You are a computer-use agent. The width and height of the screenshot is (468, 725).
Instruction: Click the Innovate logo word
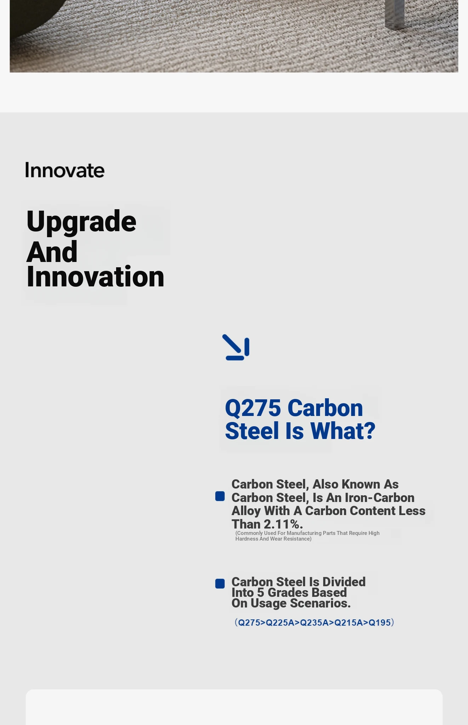coord(65,170)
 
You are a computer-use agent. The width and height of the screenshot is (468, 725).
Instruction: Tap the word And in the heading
coord(52,252)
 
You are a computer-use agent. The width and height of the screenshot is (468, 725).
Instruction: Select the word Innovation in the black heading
coord(96,276)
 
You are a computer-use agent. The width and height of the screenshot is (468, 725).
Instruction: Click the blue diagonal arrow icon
coord(236,347)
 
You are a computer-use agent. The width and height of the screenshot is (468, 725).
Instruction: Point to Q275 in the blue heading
coord(253,408)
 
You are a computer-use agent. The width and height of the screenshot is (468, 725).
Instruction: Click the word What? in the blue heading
coord(343,431)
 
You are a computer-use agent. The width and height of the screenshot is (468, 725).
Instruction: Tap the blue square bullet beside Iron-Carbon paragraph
coord(220,496)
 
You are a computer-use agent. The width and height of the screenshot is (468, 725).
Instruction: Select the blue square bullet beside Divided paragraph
coord(220,584)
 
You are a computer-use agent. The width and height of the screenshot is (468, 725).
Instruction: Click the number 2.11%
coord(283,524)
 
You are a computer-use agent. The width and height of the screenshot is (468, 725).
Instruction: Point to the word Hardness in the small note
coord(247,539)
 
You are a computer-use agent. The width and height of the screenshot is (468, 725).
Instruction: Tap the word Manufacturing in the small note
coord(304,533)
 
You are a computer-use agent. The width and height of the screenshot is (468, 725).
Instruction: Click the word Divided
coord(344,582)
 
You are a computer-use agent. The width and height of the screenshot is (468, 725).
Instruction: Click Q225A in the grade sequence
coord(280,623)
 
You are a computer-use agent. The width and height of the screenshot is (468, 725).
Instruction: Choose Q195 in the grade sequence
coord(379,623)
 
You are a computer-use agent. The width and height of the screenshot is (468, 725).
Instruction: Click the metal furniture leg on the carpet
coord(395,14)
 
